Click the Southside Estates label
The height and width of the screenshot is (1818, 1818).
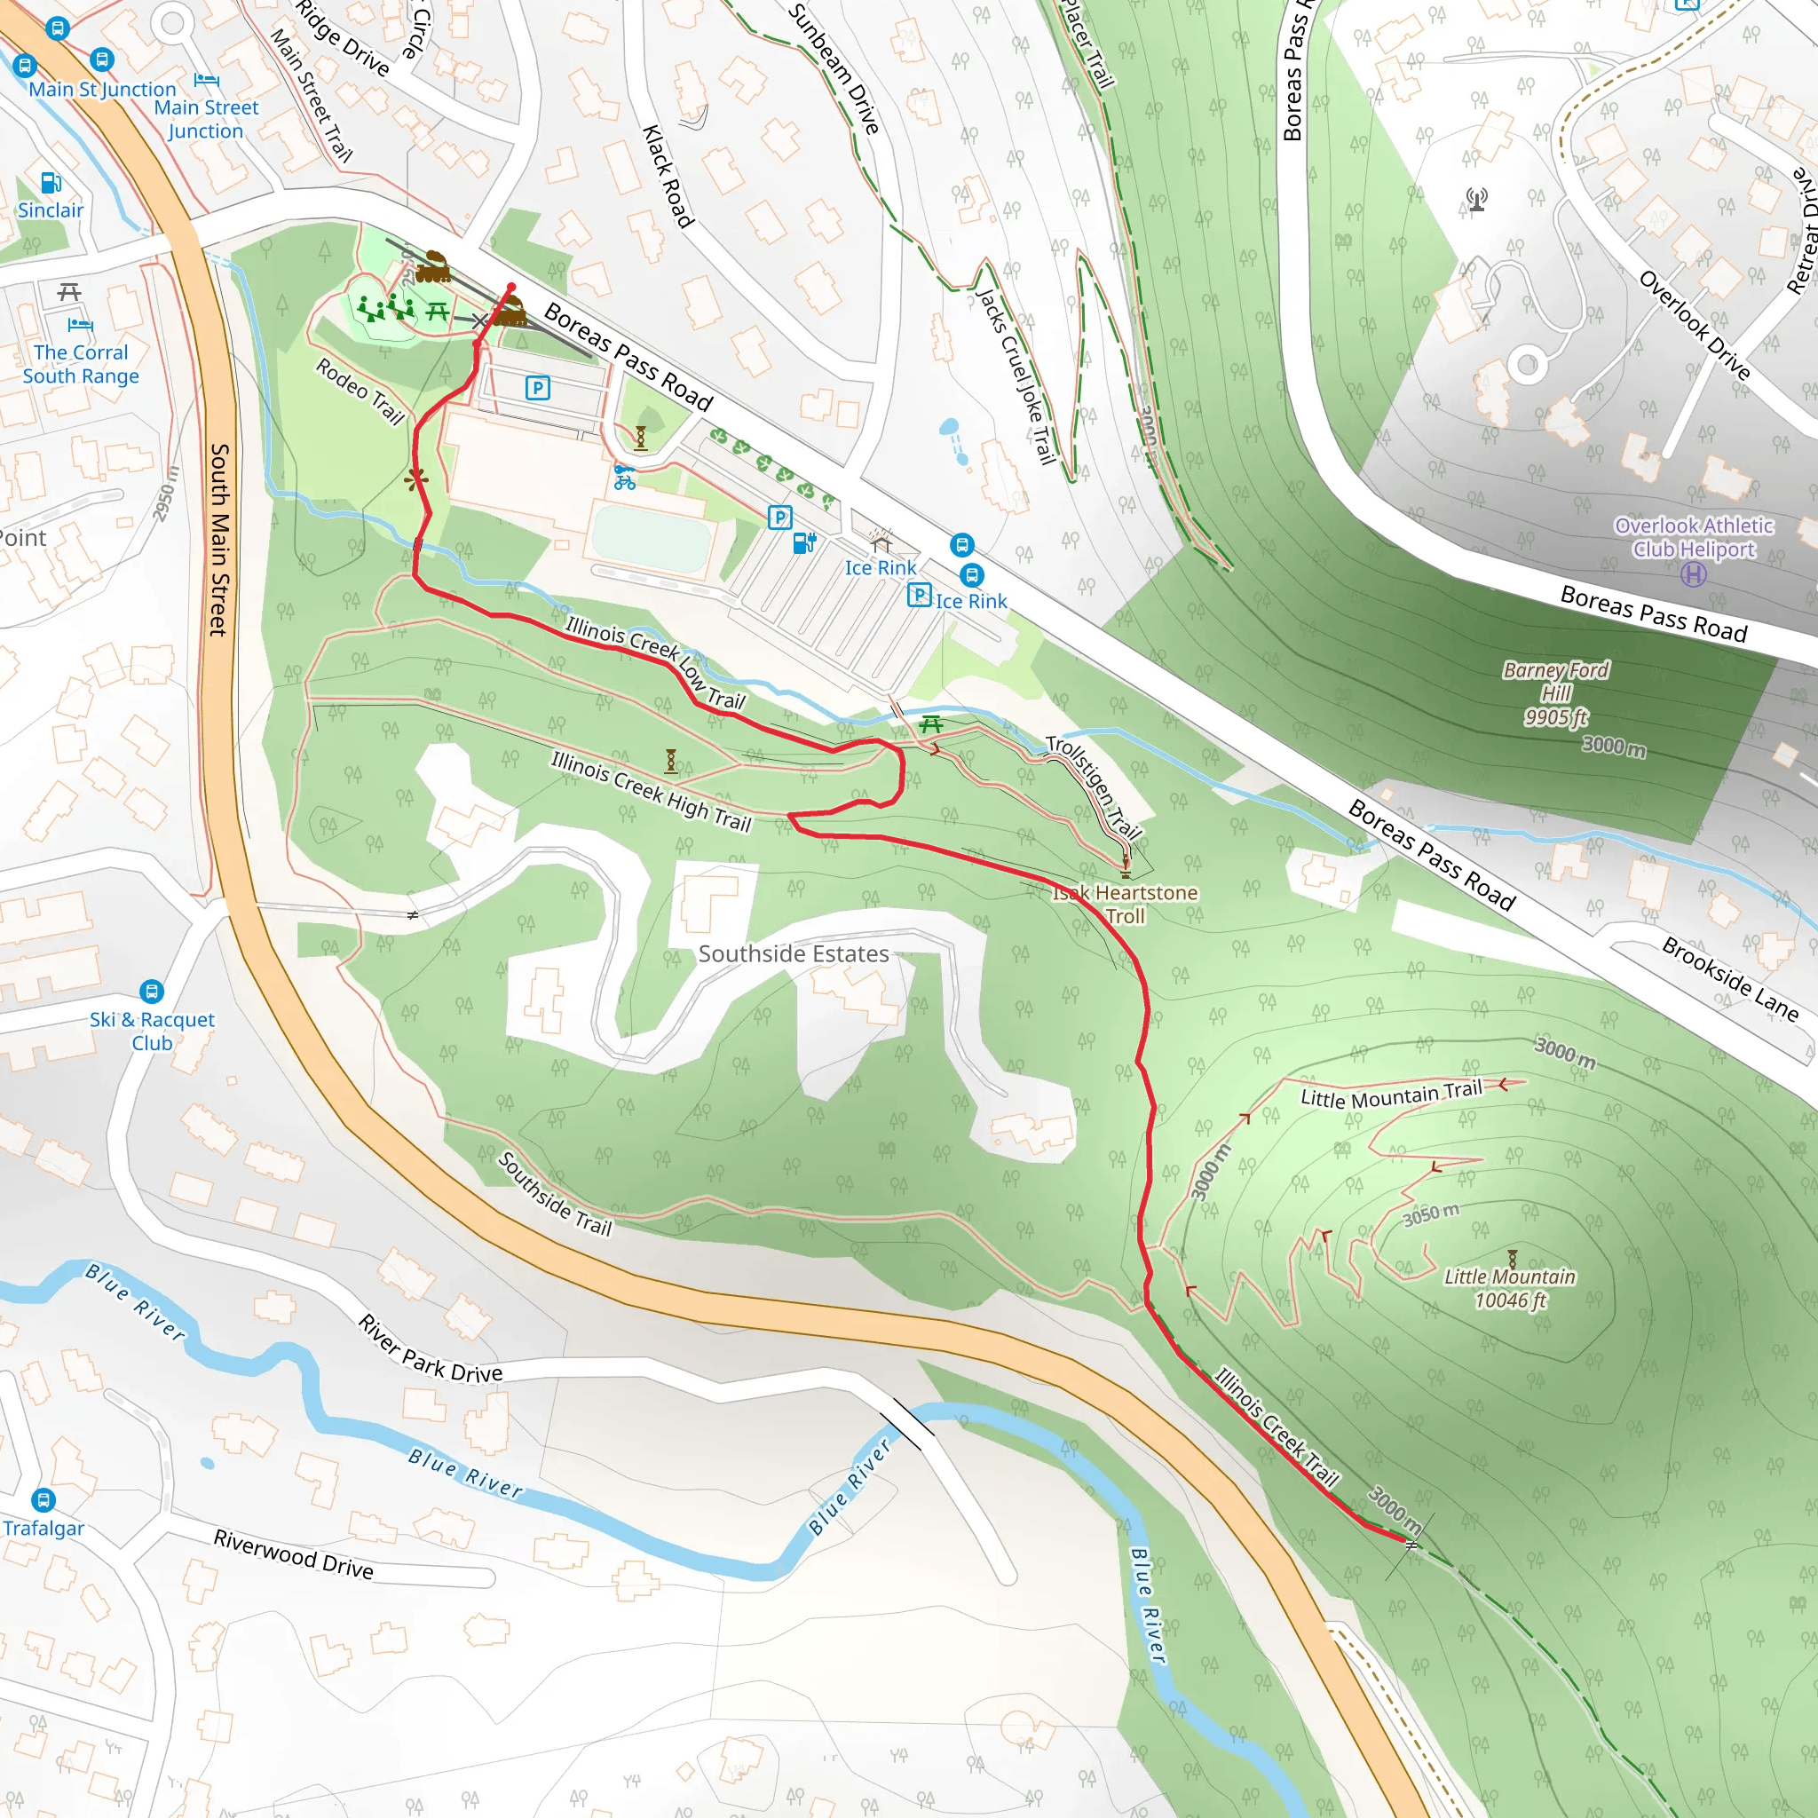click(x=794, y=953)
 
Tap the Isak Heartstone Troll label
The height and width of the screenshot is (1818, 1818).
click(x=1126, y=904)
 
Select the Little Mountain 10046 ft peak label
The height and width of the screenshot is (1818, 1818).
click(x=1509, y=1287)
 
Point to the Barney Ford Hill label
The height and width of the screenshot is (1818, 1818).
click(x=1555, y=692)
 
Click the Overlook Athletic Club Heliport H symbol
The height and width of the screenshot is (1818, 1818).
click(x=1693, y=574)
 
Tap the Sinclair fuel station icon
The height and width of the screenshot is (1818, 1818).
click(x=51, y=183)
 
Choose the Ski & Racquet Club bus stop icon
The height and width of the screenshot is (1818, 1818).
click(x=152, y=991)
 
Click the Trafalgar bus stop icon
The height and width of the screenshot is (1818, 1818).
click(x=43, y=1500)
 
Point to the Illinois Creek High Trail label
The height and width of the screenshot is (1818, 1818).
click(x=652, y=791)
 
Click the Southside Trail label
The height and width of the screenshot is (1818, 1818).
click(x=555, y=1193)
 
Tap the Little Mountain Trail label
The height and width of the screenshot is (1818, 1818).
click(x=1391, y=1094)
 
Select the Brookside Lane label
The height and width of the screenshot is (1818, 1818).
click(x=1729, y=978)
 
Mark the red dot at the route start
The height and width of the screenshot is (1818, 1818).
click(x=511, y=288)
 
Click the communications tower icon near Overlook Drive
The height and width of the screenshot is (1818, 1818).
click(x=1476, y=200)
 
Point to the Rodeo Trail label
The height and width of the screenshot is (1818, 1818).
click(x=360, y=391)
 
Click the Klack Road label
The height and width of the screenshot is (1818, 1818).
click(x=668, y=176)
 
